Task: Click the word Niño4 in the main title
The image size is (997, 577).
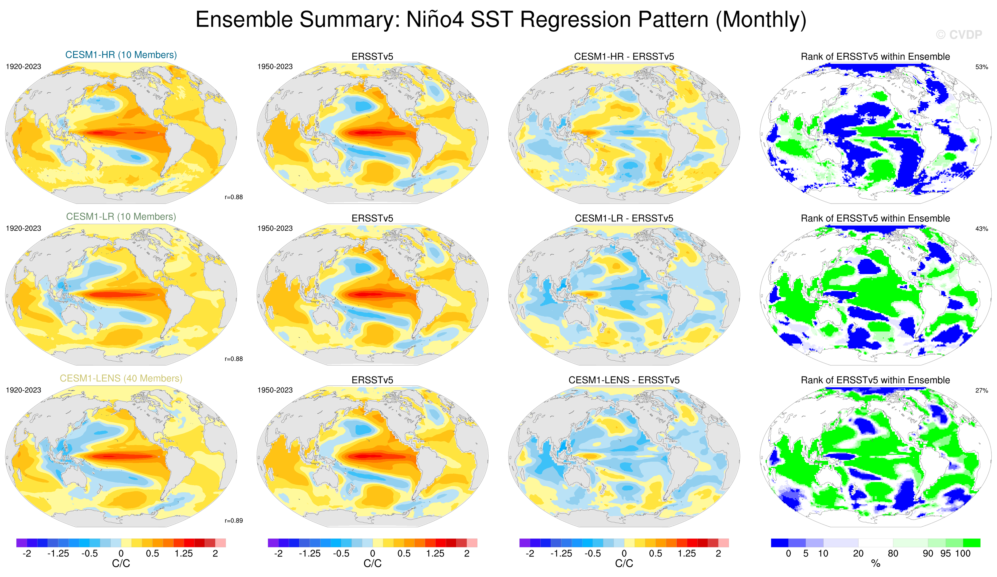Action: coord(435,19)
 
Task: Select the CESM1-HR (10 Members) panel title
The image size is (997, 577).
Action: coord(121,55)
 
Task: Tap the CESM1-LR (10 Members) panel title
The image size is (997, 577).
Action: coord(121,216)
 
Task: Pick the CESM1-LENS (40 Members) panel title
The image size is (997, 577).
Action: coord(121,378)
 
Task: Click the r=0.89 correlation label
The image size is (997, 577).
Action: coord(233,520)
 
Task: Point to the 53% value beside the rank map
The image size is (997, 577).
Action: coord(981,67)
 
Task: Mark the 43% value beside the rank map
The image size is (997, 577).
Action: coord(981,229)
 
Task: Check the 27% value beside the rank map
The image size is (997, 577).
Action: coord(981,390)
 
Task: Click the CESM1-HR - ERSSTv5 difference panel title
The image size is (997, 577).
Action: coord(624,57)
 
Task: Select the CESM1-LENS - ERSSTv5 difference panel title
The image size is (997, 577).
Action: coord(624,380)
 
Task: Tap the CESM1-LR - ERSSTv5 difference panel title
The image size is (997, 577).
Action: coord(624,218)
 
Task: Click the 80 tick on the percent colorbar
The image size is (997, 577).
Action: coord(893,553)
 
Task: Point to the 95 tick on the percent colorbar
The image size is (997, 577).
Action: coord(945,553)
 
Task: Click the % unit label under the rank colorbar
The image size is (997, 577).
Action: coord(876,564)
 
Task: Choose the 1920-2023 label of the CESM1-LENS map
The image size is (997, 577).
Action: coord(23,390)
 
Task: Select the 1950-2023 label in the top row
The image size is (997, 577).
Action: coord(275,66)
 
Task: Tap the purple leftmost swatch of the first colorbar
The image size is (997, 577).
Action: coord(21,543)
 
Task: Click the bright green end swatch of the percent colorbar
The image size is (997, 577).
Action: coord(972,543)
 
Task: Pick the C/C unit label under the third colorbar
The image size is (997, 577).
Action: coord(624,564)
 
